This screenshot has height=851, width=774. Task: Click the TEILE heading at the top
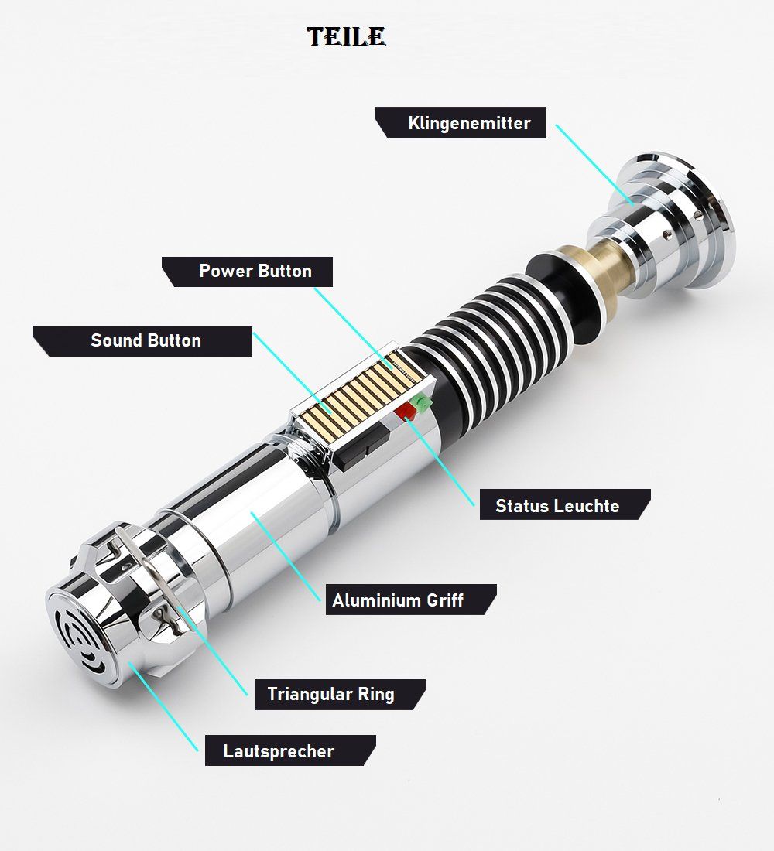346,37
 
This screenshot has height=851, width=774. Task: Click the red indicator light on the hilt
406,412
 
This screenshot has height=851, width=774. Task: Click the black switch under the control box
361,446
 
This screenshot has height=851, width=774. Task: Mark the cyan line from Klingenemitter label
594,165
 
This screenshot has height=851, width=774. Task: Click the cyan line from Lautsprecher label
163,706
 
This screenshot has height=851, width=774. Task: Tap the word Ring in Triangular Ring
376,695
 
